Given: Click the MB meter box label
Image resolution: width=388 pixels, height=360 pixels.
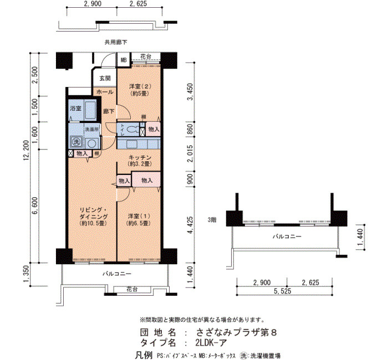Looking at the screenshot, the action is click(124, 60).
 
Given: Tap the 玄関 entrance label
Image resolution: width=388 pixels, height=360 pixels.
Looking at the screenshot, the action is click(105, 79).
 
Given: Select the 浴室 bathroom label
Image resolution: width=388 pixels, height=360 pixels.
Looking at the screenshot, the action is click(76, 109).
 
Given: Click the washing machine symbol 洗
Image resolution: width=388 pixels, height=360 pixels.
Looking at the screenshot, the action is click(76, 142).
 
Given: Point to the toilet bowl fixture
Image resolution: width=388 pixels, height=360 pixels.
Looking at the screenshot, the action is click(131, 129).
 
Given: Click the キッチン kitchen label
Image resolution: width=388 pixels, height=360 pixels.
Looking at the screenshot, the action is click(140, 157).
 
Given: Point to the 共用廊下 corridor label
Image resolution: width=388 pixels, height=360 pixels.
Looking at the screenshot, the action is click(116, 42).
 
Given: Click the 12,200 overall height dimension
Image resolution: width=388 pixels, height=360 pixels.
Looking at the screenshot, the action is click(26, 150).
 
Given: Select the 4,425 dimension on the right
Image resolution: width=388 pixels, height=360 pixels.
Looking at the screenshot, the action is click(190, 225).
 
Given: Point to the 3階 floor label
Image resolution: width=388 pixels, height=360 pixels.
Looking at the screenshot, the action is click(212, 220).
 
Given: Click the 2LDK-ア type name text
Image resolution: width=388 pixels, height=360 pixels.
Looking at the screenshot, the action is click(211, 343).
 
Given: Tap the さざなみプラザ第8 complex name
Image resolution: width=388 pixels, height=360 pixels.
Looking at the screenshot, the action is click(236, 332).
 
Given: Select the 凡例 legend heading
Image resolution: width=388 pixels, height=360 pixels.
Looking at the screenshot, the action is click(144, 356).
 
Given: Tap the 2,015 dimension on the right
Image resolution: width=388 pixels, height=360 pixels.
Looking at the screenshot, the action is click(190, 153).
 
